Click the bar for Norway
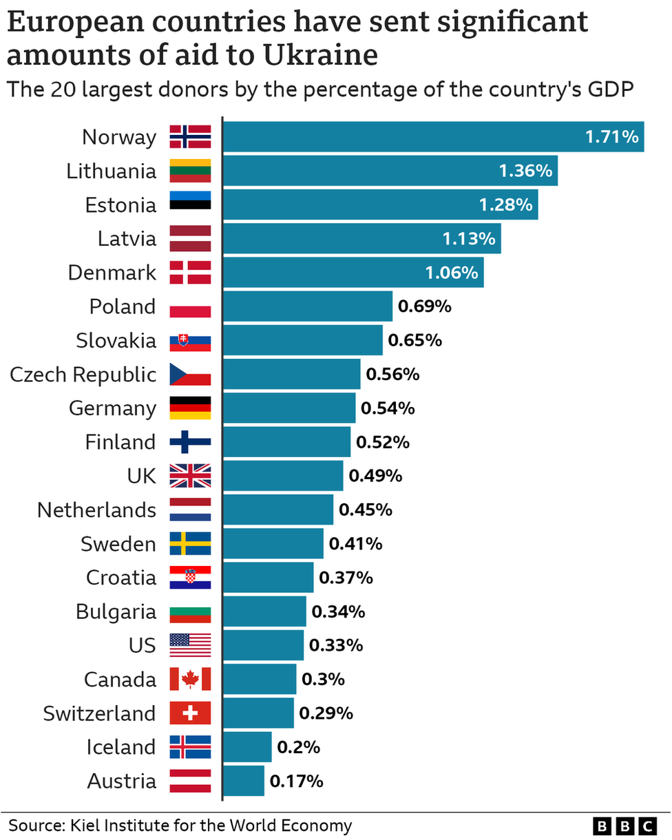[x=432, y=137]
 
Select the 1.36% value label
[x=525, y=171]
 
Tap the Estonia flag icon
[x=191, y=204]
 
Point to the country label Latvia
[x=127, y=239]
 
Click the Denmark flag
[x=191, y=273]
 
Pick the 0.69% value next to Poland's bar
[x=425, y=306]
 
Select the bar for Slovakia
[x=303, y=340]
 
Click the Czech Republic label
[x=83, y=375]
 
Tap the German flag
[x=191, y=408]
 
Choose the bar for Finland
[x=286, y=442]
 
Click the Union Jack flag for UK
[x=191, y=476]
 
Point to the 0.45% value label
[x=366, y=510]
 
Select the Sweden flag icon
[x=191, y=544]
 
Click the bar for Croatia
[x=269, y=578]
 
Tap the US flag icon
[x=191, y=645]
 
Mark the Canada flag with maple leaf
[x=191, y=680]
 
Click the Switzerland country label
[x=99, y=713]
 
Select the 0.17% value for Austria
[x=296, y=781]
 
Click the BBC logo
[x=626, y=826]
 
